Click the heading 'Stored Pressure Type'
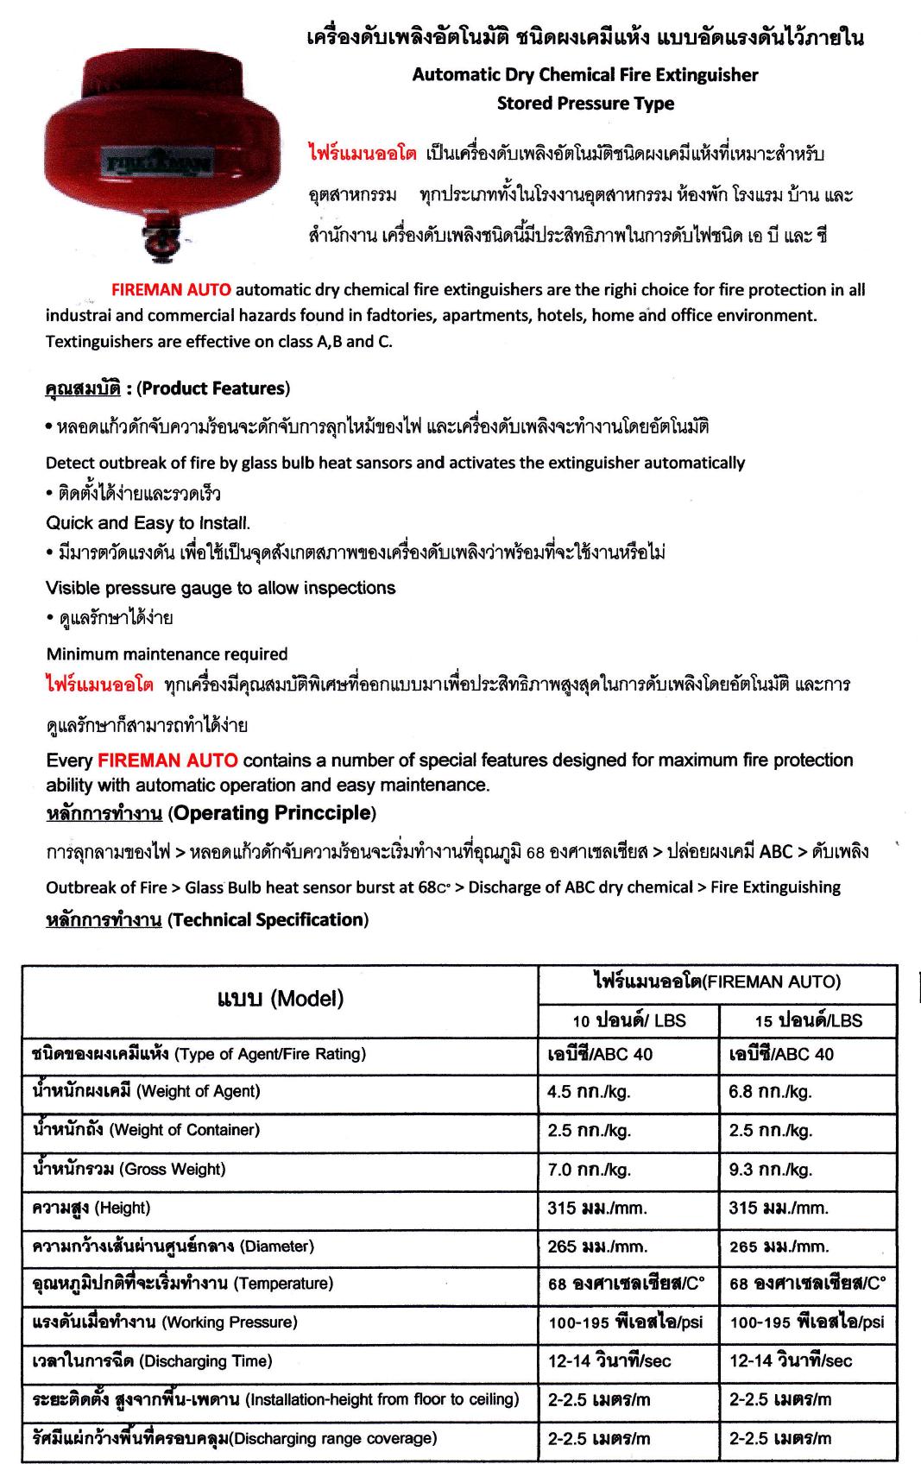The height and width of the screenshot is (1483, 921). (585, 104)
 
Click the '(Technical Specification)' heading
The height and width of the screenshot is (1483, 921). (268, 919)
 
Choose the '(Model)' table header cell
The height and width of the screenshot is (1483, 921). (280, 999)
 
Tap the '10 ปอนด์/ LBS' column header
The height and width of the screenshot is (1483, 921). (628, 1019)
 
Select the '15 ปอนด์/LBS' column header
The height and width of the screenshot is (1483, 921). (808, 1019)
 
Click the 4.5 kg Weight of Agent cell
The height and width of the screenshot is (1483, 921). (589, 1091)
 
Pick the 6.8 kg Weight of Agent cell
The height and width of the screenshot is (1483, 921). (770, 1091)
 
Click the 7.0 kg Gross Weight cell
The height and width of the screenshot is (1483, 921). (589, 1170)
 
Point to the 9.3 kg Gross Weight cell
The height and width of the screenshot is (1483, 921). (770, 1170)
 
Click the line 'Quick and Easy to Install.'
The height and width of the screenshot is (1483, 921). (148, 522)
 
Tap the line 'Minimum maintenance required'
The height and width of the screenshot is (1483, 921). (167, 653)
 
